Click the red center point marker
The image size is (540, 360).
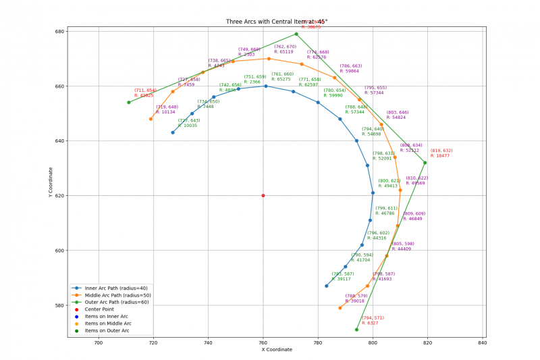pos(263,196)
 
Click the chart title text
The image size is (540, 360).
pos(277,22)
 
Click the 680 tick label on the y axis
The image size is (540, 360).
pos(59,32)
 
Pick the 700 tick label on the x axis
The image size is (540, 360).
pos(99,342)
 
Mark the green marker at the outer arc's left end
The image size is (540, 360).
pos(128,103)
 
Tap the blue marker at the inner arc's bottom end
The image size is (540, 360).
pos(326,286)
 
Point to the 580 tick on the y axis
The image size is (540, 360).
pos(59,305)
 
